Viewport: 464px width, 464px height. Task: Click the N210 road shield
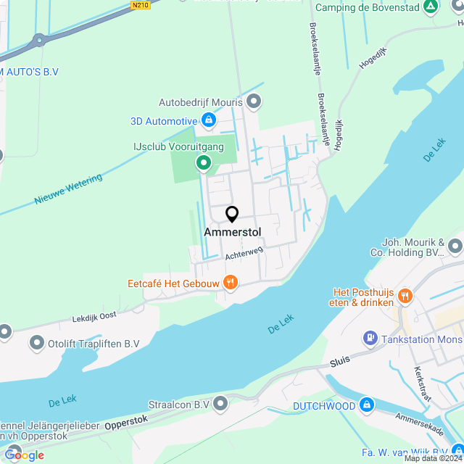(x=141, y=5)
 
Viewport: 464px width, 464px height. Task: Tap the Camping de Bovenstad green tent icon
(x=431, y=7)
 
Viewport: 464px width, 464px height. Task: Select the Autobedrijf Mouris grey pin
(x=253, y=102)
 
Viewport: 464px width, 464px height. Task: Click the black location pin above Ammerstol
(x=232, y=215)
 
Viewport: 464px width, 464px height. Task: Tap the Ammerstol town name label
(x=232, y=232)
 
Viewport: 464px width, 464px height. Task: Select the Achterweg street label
(x=244, y=252)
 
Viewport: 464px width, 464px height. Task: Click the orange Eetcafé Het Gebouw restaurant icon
(x=230, y=283)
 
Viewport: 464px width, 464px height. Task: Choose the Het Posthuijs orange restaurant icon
(x=405, y=297)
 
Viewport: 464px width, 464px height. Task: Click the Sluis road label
(x=340, y=360)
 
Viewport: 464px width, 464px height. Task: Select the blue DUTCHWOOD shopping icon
(x=367, y=404)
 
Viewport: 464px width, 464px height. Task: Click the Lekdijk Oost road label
(x=94, y=317)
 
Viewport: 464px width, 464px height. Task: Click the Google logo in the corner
(x=23, y=455)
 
